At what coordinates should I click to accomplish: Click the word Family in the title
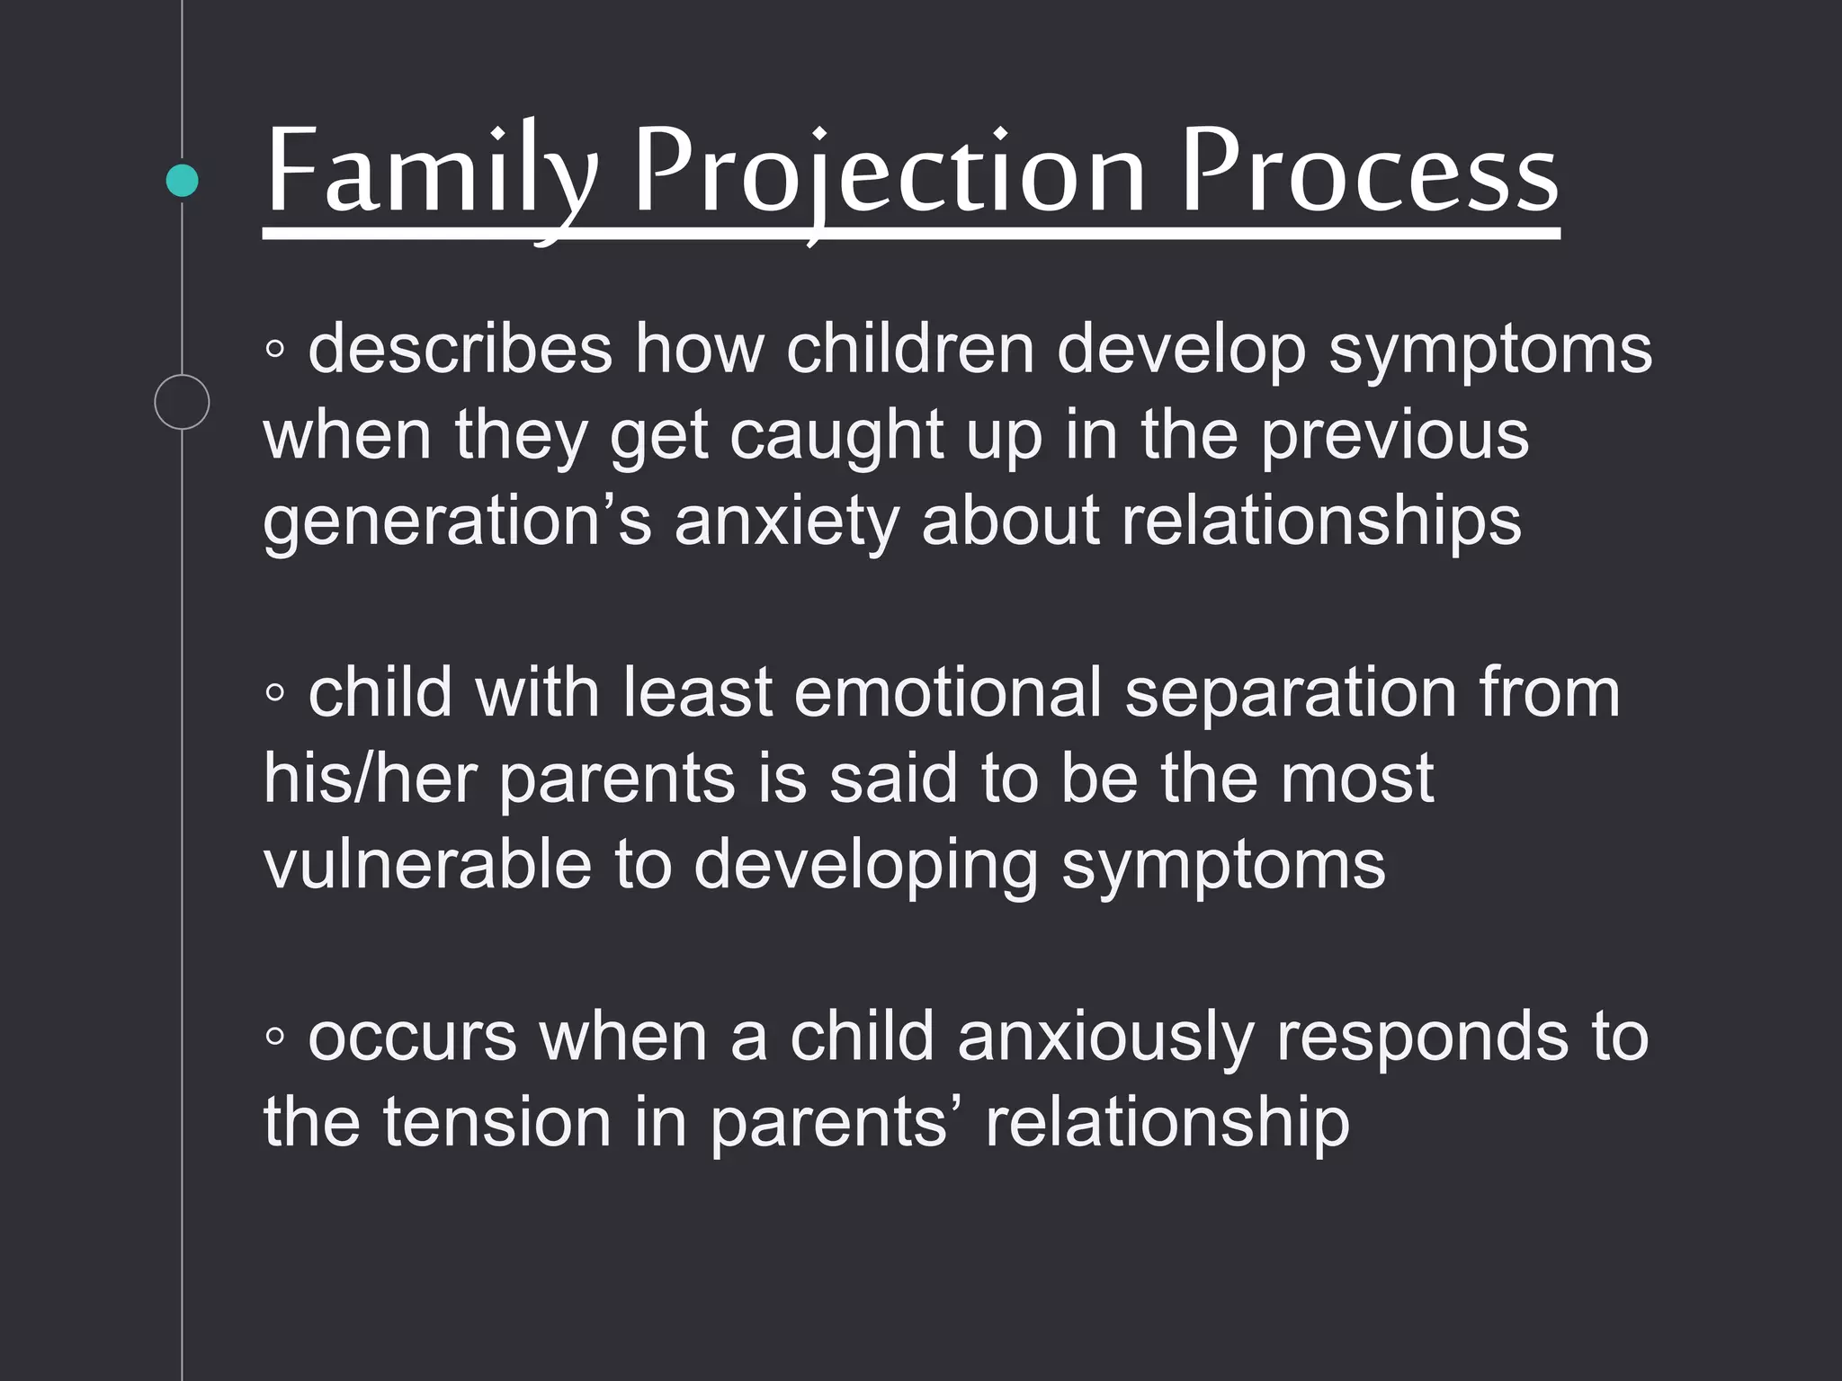click(432, 173)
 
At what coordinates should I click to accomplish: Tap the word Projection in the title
click(890, 173)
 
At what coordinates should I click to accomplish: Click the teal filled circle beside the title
click(183, 181)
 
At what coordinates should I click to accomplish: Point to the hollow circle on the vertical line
click(182, 402)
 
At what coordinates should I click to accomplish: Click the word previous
click(1393, 435)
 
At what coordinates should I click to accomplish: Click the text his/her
click(370, 779)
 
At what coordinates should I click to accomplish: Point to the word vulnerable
click(427, 864)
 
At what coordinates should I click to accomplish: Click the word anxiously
click(1105, 1037)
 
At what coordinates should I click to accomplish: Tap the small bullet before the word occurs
click(275, 1038)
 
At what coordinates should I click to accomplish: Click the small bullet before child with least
click(275, 693)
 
